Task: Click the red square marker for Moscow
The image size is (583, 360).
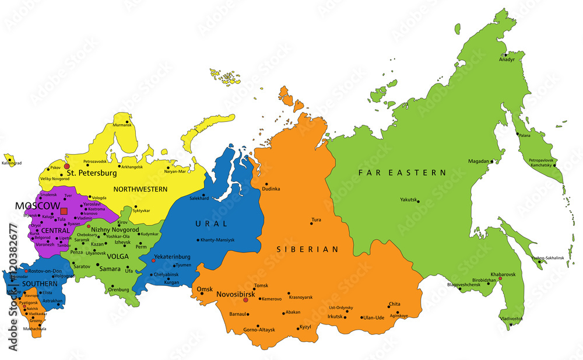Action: coord(64,211)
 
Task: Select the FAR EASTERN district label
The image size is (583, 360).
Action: coord(402,173)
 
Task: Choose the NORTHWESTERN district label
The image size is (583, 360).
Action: coord(140,189)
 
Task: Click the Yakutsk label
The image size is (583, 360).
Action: coord(409,200)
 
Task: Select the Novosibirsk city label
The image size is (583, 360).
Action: coord(236,294)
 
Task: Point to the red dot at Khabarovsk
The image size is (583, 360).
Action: coord(500,278)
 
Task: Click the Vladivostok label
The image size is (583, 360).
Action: coord(511,319)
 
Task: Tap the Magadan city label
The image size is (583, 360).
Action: coord(478,161)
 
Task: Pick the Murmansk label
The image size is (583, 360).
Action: coord(122,125)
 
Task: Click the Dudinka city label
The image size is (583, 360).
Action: coord(271,189)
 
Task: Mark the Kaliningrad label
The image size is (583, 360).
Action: coord(11,163)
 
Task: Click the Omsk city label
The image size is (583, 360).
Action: coord(205,289)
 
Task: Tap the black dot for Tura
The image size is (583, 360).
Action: coord(311,223)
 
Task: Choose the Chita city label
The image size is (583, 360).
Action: coord(394,304)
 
